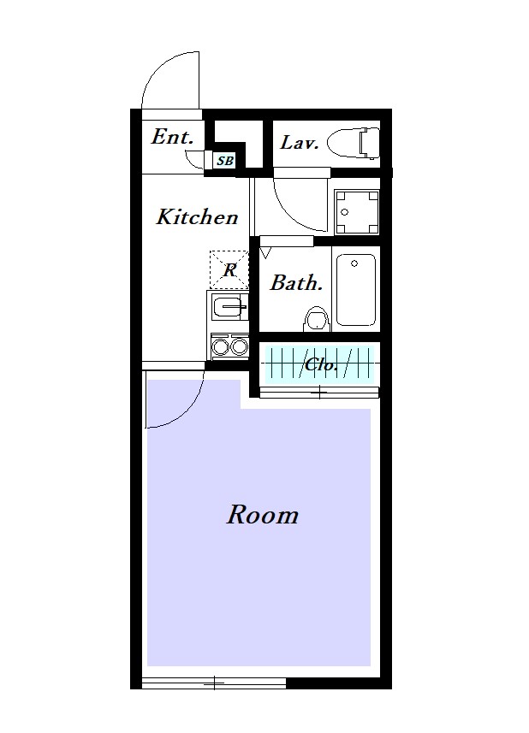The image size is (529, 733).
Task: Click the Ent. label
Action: click(x=172, y=137)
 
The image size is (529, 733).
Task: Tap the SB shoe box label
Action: click(x=224, y=161)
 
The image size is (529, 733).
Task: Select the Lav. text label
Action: click(x=300, y=142)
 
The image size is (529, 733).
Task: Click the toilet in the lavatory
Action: click(x=354, y=142)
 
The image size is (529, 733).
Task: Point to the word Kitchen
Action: click(x=197, y=217)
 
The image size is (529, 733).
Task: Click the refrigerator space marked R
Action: click(x=229, y=269)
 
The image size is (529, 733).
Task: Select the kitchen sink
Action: click(x=229, y=307)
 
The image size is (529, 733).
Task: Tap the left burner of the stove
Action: click(x=219, y=347)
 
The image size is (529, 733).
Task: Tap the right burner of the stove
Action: click(x=239, y=347)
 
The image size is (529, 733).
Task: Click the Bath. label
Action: click(x=296, y=283)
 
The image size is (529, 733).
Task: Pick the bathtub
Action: click(x=355, y=290)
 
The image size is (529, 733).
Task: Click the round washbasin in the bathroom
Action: click(x=317, y=320)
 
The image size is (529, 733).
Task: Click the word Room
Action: click(x=263, y=515)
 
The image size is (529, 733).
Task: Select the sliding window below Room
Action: click(x=214, y=683)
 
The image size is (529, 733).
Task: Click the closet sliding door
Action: click(x=319, y=393)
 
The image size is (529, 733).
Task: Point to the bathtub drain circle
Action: click(x=354, y=263)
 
